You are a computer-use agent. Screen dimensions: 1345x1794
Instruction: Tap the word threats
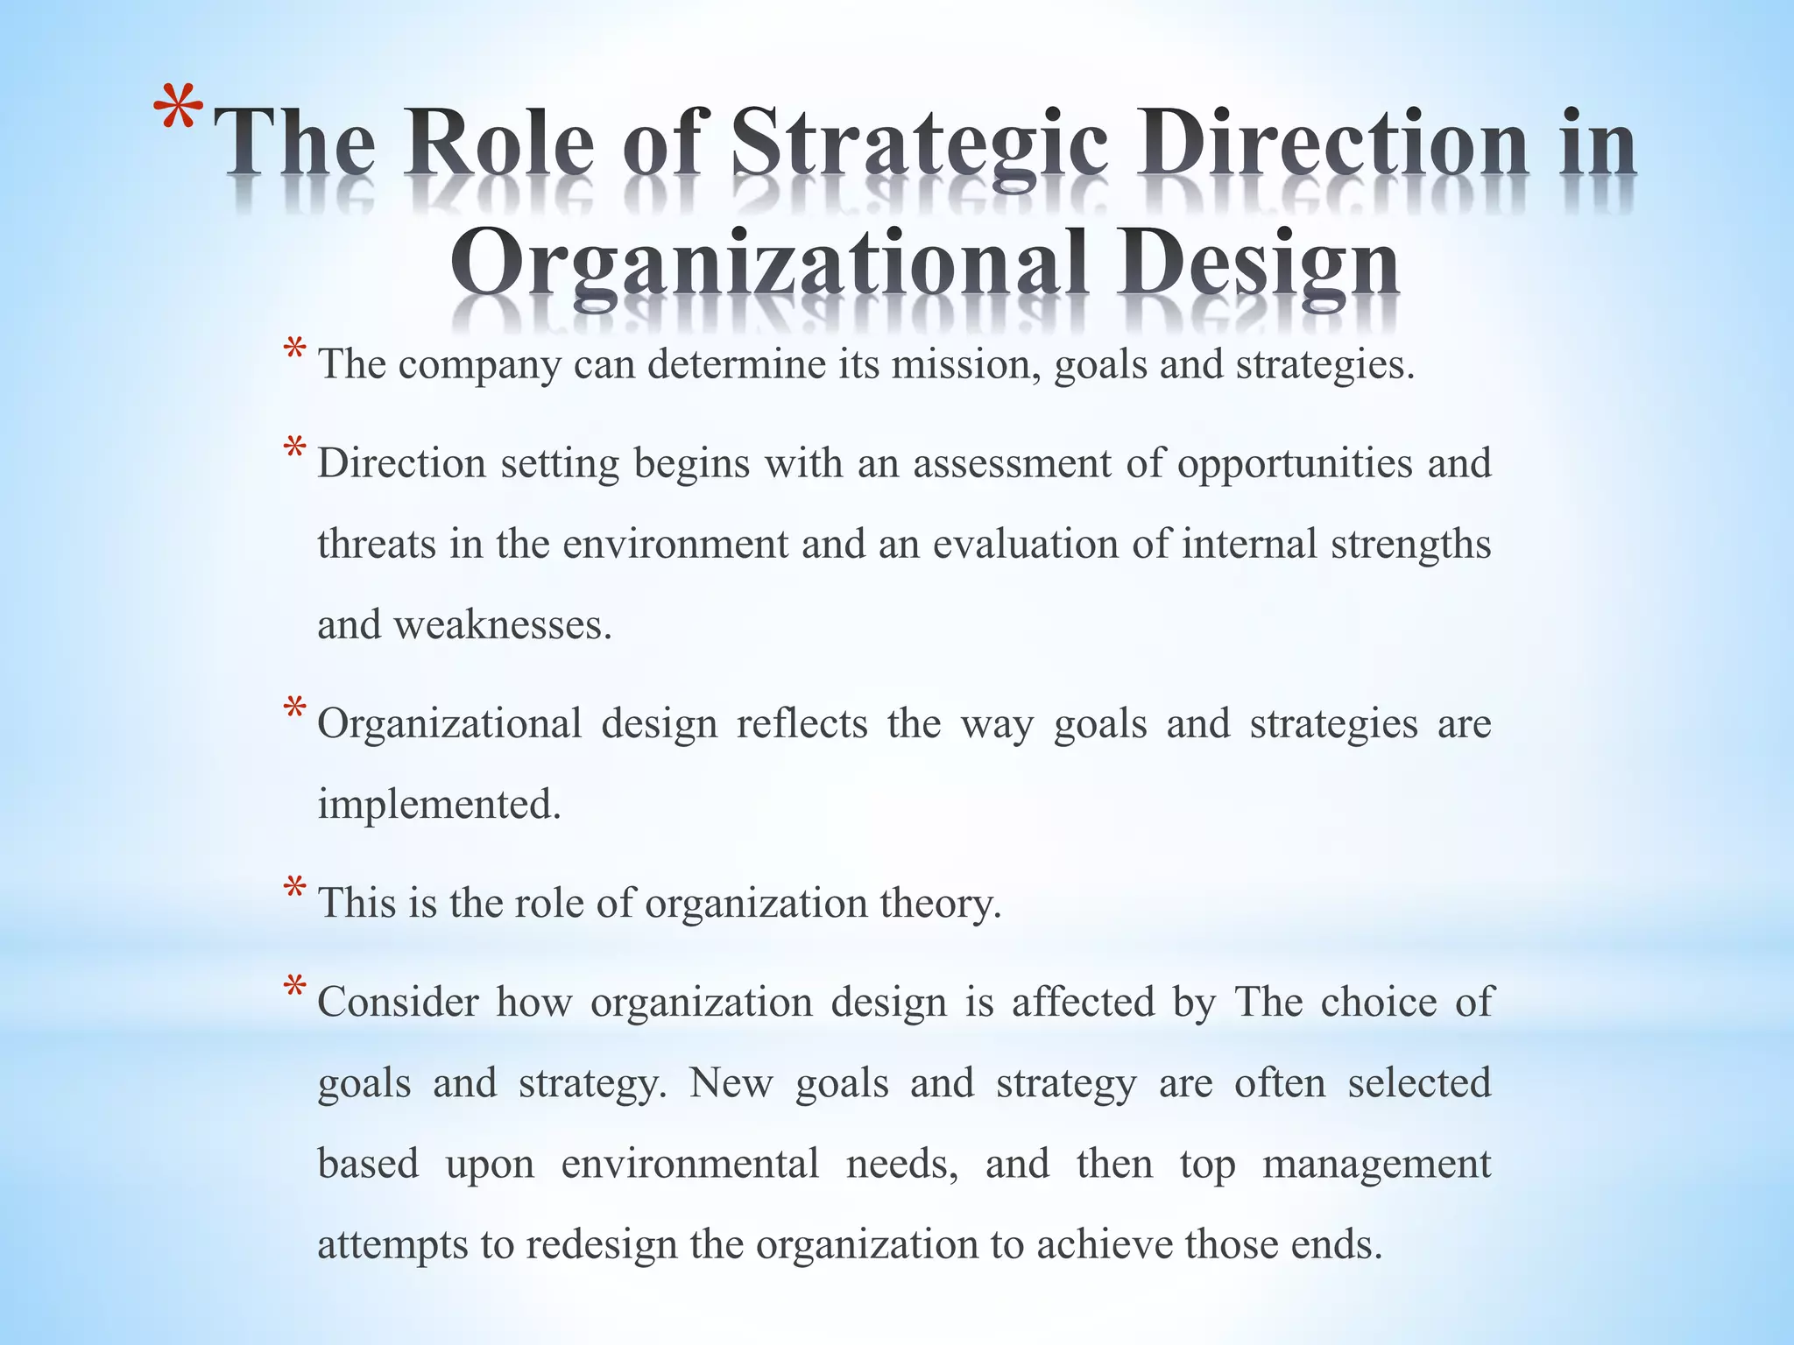376,544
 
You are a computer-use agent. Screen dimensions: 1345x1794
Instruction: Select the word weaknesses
502,625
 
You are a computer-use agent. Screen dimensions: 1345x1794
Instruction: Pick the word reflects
802,724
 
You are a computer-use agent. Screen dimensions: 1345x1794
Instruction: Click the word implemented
438,805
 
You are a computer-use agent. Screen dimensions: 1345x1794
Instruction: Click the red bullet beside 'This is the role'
295,891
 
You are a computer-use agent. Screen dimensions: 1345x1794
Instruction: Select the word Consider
398,1002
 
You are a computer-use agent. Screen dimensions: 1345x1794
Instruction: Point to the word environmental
689,1164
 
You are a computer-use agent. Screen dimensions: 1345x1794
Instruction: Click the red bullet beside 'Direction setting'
295,452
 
